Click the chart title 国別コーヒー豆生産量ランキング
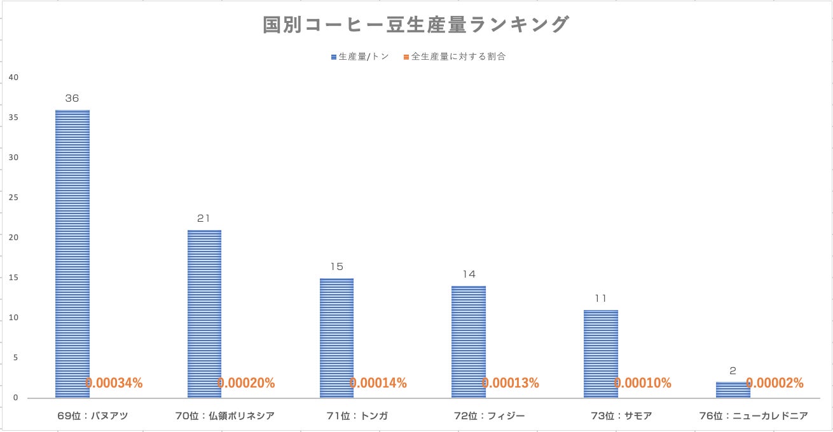click(x=416, y=25)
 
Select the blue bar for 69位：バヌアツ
click(x=72, y=254)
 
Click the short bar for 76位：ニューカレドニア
click(x=733, y=390)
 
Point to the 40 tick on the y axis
click(x=14, y=78)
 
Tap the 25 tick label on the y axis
click(x=14, y=198)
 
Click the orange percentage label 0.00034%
click(x=114, y=383)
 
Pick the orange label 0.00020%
click(x=246, y=383)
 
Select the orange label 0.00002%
click(x=774, y=383)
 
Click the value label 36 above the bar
click(x=72, y=98)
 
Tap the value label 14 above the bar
click(x=469, y=274)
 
